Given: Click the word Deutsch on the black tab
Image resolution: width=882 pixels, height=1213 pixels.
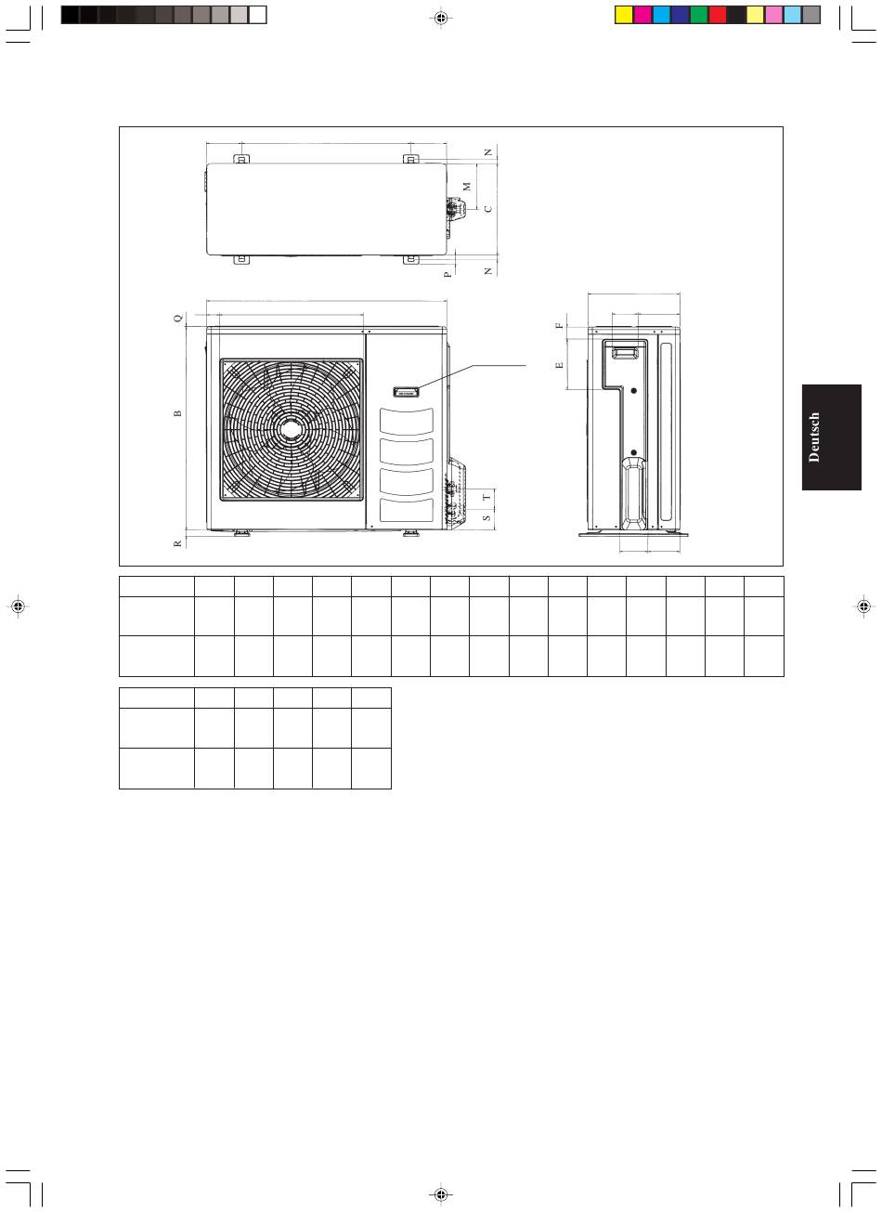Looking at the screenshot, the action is coord(814,437).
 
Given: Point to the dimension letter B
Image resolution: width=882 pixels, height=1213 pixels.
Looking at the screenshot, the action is coord(177,413).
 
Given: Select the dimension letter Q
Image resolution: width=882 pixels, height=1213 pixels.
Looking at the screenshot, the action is coord(178,318).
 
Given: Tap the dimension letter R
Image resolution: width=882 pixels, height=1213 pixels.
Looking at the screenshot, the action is coord(177,543).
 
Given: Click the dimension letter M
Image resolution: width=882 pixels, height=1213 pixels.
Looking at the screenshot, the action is coord(467,187).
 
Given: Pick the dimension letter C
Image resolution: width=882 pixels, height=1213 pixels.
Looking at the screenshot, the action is coord(488,209).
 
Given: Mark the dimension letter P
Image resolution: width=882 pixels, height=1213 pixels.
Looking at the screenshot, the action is coord(447,275).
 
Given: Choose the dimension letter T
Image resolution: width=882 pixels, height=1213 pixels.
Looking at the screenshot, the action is coord(486,497).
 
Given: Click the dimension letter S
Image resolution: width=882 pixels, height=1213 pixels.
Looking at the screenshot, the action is coord(486,517).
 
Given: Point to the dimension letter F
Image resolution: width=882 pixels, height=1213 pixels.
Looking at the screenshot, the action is coord(560,325).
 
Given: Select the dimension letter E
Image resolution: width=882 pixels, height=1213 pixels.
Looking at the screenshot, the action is coord(560,365).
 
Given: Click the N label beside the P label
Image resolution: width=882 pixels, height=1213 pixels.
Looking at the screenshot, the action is coord(488,271).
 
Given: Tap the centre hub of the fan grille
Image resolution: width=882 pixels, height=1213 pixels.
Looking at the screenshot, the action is coord(292,429).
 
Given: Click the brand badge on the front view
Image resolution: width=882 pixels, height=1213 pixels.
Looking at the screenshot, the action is coord(406,392).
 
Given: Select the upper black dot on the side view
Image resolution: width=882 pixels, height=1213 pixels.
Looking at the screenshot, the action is coord(634,391).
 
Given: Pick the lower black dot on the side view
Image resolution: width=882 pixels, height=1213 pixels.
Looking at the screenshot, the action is coord(634,452).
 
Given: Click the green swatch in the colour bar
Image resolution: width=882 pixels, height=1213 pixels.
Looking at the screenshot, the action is coord(698,15).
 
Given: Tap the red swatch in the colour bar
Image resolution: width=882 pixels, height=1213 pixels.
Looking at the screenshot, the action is coord(718,15).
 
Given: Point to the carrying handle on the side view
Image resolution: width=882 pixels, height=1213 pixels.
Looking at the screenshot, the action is coord(625,353).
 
